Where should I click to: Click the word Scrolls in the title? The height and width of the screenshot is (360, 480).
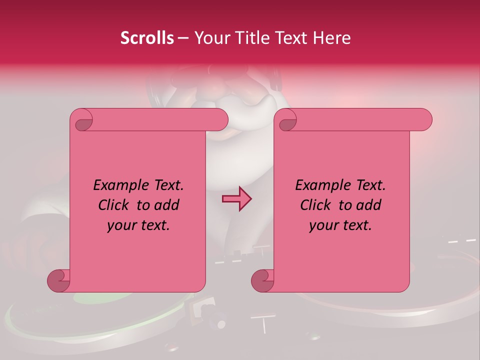pos(147,38)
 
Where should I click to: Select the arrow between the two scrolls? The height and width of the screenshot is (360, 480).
pos(236,198)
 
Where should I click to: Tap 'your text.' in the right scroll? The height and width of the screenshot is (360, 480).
pos(340,225)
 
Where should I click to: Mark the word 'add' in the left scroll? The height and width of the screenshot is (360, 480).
pos(166,205)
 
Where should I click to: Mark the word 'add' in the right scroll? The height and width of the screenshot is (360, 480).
pos(368,205)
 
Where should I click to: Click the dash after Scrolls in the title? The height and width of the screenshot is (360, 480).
pos(183,38)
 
